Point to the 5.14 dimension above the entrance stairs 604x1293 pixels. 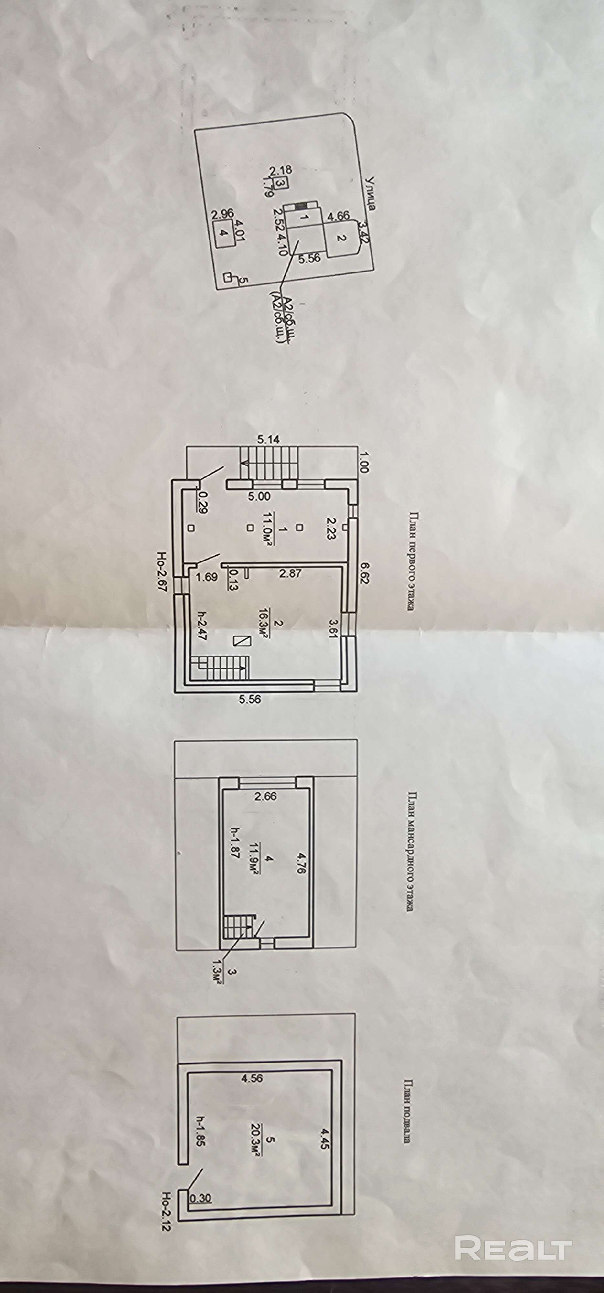tap(269, 440)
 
